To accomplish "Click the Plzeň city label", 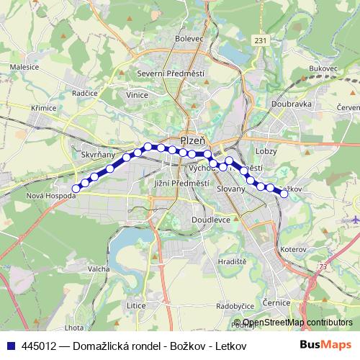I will coord(193,140).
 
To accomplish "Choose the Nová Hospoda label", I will coord(50,195).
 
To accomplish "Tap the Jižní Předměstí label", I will coord(181,184).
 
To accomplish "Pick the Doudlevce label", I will coord(211,220).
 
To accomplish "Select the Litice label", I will coord(136,305).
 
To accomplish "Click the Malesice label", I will coord(24,66).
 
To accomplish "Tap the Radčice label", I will coord(85,94).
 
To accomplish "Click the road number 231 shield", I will coord(261,40).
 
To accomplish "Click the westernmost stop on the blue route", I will coord(76,189).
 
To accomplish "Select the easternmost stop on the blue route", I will coord(284,193).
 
